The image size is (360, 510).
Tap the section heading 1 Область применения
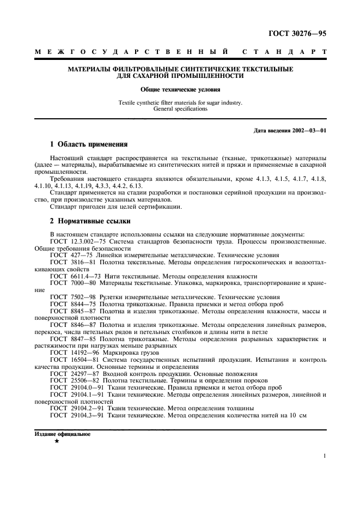click(88, 144)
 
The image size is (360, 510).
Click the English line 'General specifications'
click(180, 108)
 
